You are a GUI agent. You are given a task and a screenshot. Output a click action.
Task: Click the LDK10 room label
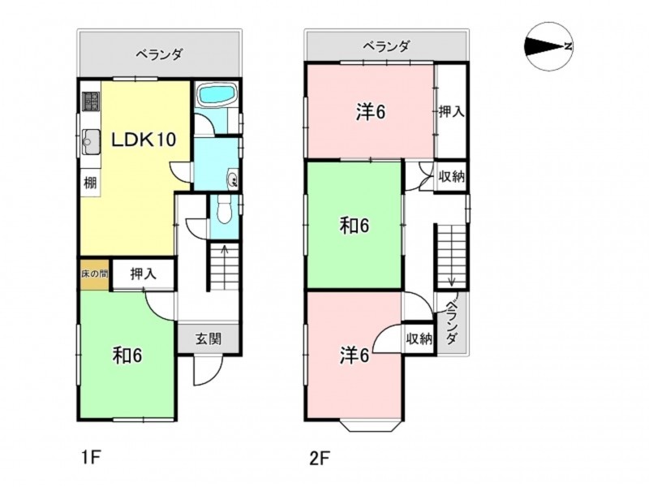coord(144,140)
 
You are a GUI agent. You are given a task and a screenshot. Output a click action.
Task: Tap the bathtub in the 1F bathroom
coord(217,94)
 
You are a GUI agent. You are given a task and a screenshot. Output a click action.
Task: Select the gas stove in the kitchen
coord(91,101)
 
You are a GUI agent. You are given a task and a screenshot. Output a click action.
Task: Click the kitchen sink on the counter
coord(91,140)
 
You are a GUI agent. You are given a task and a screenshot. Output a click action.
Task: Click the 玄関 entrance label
coord(208,338)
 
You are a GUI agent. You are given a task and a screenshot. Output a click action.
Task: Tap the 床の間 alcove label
coord(95,274)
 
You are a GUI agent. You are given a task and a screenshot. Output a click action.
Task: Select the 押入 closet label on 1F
coord(144,274)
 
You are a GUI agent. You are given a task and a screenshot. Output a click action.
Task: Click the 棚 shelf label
coord(90,182)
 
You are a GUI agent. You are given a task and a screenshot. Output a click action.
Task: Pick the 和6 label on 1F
coord(127,356)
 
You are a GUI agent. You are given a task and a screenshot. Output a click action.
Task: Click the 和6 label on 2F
coord(354,226)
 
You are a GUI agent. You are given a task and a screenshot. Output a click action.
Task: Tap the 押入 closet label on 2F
coord(451,111)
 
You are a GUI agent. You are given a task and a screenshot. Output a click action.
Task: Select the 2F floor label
coord(319,459)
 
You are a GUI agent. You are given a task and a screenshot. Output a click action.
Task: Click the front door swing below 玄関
coord(208,370)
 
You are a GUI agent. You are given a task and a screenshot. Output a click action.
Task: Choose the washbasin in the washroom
coord(232,178)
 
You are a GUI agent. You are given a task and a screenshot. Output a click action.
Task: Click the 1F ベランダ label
coord(159,54)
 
